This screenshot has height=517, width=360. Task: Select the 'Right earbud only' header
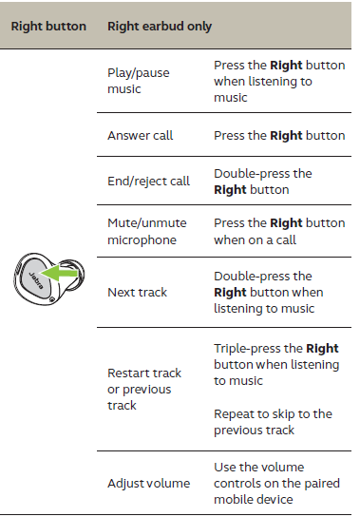tap(159, 26)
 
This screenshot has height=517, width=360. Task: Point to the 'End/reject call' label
tap(148, 181)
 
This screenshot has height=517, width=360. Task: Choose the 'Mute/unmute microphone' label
tap(146, 231)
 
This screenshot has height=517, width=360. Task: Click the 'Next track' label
tap(137, 292)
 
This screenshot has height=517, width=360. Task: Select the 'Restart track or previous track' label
tap(143, 389)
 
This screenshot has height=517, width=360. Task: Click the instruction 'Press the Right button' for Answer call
tap(279, 136)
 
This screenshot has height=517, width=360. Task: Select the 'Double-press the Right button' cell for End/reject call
tap(262, 181)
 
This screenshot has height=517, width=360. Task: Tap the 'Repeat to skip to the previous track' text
tap(273, 421)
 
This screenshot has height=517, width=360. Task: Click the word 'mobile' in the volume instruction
tap(234, 500)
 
